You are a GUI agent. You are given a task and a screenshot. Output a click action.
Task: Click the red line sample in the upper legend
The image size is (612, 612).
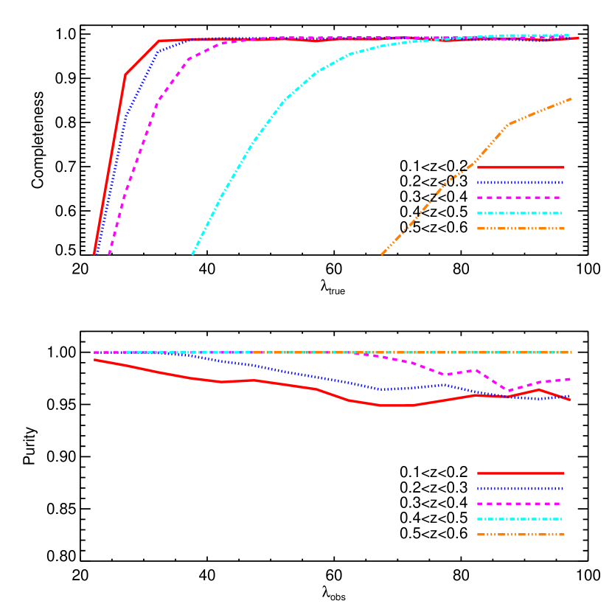click(520, 167)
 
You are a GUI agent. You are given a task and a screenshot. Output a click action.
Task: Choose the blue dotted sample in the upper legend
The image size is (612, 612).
click(520, 182)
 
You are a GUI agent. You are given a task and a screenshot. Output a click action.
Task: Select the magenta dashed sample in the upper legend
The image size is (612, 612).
click(520, 198)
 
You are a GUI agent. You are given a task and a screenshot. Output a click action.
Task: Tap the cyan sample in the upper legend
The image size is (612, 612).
click(520, 213)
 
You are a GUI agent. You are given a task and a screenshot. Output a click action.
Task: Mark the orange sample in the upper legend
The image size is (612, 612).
click(520, 228)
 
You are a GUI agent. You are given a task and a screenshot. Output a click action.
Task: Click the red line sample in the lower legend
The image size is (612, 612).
click(520, 473)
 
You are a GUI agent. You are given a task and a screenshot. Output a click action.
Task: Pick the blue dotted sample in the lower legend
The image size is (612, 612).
click(520, 488)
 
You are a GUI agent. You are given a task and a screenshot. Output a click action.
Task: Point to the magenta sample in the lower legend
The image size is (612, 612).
click(520, 504)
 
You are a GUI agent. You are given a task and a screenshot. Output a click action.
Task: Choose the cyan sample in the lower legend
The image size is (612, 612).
click(520, 519)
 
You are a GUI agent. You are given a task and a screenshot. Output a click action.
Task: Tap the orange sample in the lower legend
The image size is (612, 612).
click(520, 535)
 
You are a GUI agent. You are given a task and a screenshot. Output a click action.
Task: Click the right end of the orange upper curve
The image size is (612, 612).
click(571, 99)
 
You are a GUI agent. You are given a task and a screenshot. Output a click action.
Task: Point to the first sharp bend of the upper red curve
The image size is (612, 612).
click(125, 74)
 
